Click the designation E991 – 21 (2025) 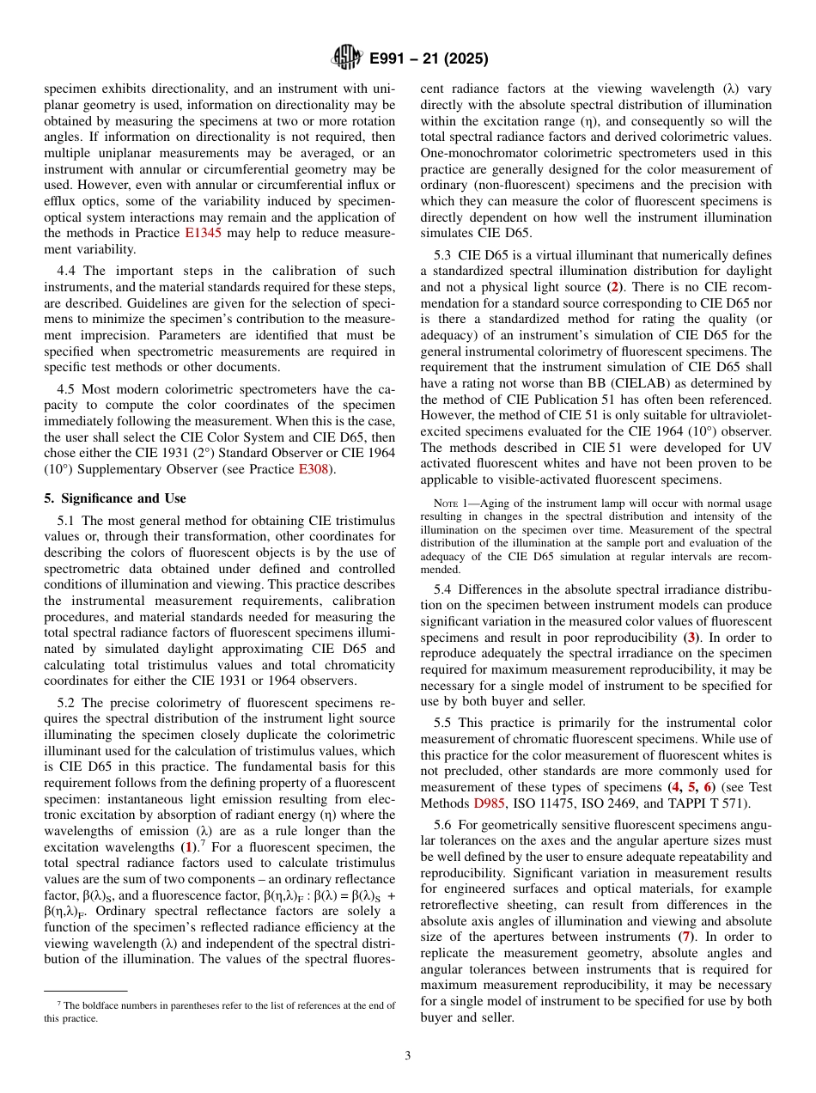(429, 59)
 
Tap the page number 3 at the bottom (408, 1056)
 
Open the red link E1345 (203, 233)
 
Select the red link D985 (489, 803)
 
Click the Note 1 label (447, 502)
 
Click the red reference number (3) (691, 638)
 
